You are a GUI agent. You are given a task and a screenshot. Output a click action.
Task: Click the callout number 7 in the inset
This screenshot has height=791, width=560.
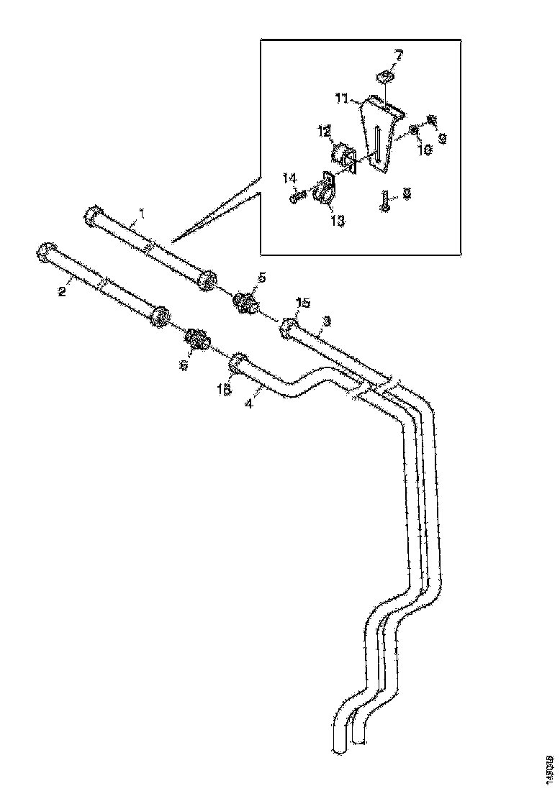399,55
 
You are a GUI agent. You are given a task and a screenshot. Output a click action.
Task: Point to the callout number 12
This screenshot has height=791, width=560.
326,131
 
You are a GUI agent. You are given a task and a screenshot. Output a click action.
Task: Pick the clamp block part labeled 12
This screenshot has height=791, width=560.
343,157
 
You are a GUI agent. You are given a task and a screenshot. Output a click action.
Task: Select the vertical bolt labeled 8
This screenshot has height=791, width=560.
386,199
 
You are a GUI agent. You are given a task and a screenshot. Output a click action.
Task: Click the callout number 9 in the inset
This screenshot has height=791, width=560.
441,137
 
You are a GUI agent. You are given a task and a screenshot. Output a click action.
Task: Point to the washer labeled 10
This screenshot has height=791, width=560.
415,129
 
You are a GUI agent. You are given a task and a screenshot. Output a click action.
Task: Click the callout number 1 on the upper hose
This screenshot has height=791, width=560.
142,214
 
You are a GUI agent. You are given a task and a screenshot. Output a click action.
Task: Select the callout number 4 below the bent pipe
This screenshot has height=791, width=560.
249,404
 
